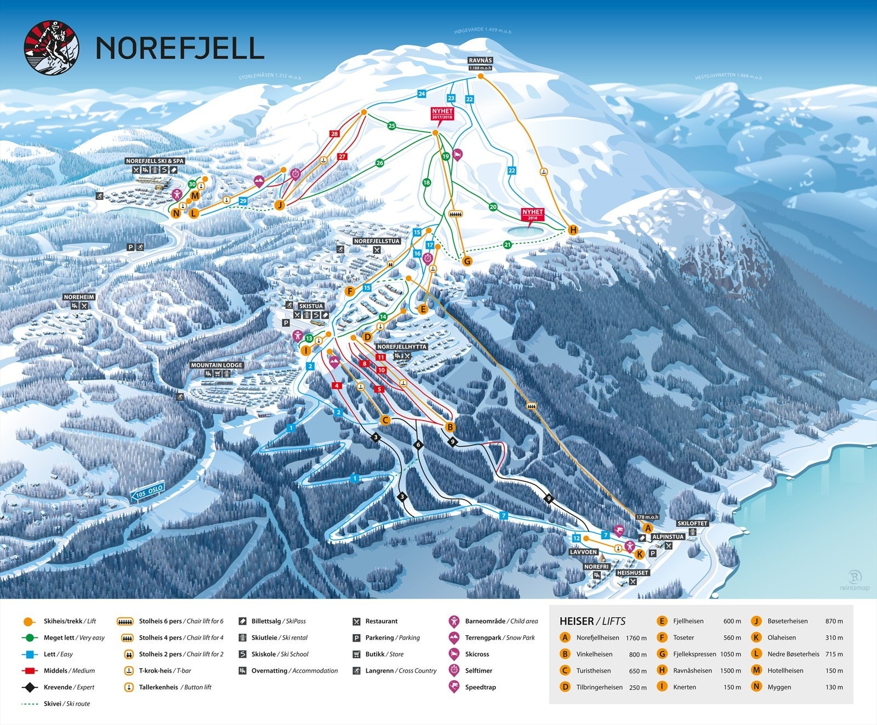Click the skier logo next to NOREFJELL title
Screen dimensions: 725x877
point(52,47)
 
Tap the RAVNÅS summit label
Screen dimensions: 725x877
point(480,61)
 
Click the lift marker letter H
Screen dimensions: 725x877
point(573,230)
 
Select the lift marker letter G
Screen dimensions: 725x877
point(467,261)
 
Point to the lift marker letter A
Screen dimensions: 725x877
point(647,528)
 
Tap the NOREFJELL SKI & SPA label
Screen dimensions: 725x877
point(155,161)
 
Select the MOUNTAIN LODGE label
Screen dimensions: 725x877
point(217,365)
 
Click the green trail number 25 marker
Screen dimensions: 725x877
point(391,126)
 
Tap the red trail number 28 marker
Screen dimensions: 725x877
point(334,134)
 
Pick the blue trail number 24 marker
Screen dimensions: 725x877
point(422,94)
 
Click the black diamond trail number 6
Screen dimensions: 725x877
point(418,445)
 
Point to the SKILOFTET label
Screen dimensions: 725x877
point(692,523)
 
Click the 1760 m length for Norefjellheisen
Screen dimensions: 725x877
point(636,638)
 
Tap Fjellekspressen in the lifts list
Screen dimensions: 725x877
point(694,654)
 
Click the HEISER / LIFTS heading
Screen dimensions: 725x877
point(592,621)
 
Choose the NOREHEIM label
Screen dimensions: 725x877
point(79,297)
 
